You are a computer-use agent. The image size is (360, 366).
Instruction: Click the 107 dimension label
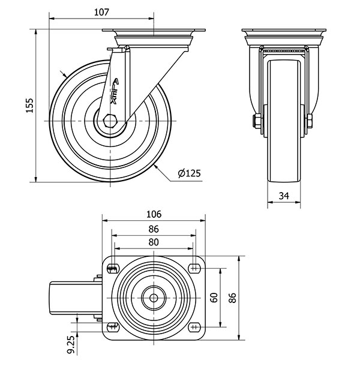point(101,11)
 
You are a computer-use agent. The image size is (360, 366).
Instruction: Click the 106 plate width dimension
point(154,214)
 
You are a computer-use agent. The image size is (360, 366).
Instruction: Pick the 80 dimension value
point(154,242)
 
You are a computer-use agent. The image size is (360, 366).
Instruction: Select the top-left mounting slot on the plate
point(113,268)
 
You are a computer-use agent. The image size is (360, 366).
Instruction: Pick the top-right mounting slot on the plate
point(194,268)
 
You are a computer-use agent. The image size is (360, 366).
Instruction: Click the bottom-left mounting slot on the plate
point(113,327)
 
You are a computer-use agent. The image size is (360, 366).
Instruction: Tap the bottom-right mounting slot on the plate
point(194,327)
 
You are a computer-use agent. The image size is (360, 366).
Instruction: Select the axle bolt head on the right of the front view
point(310,122)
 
